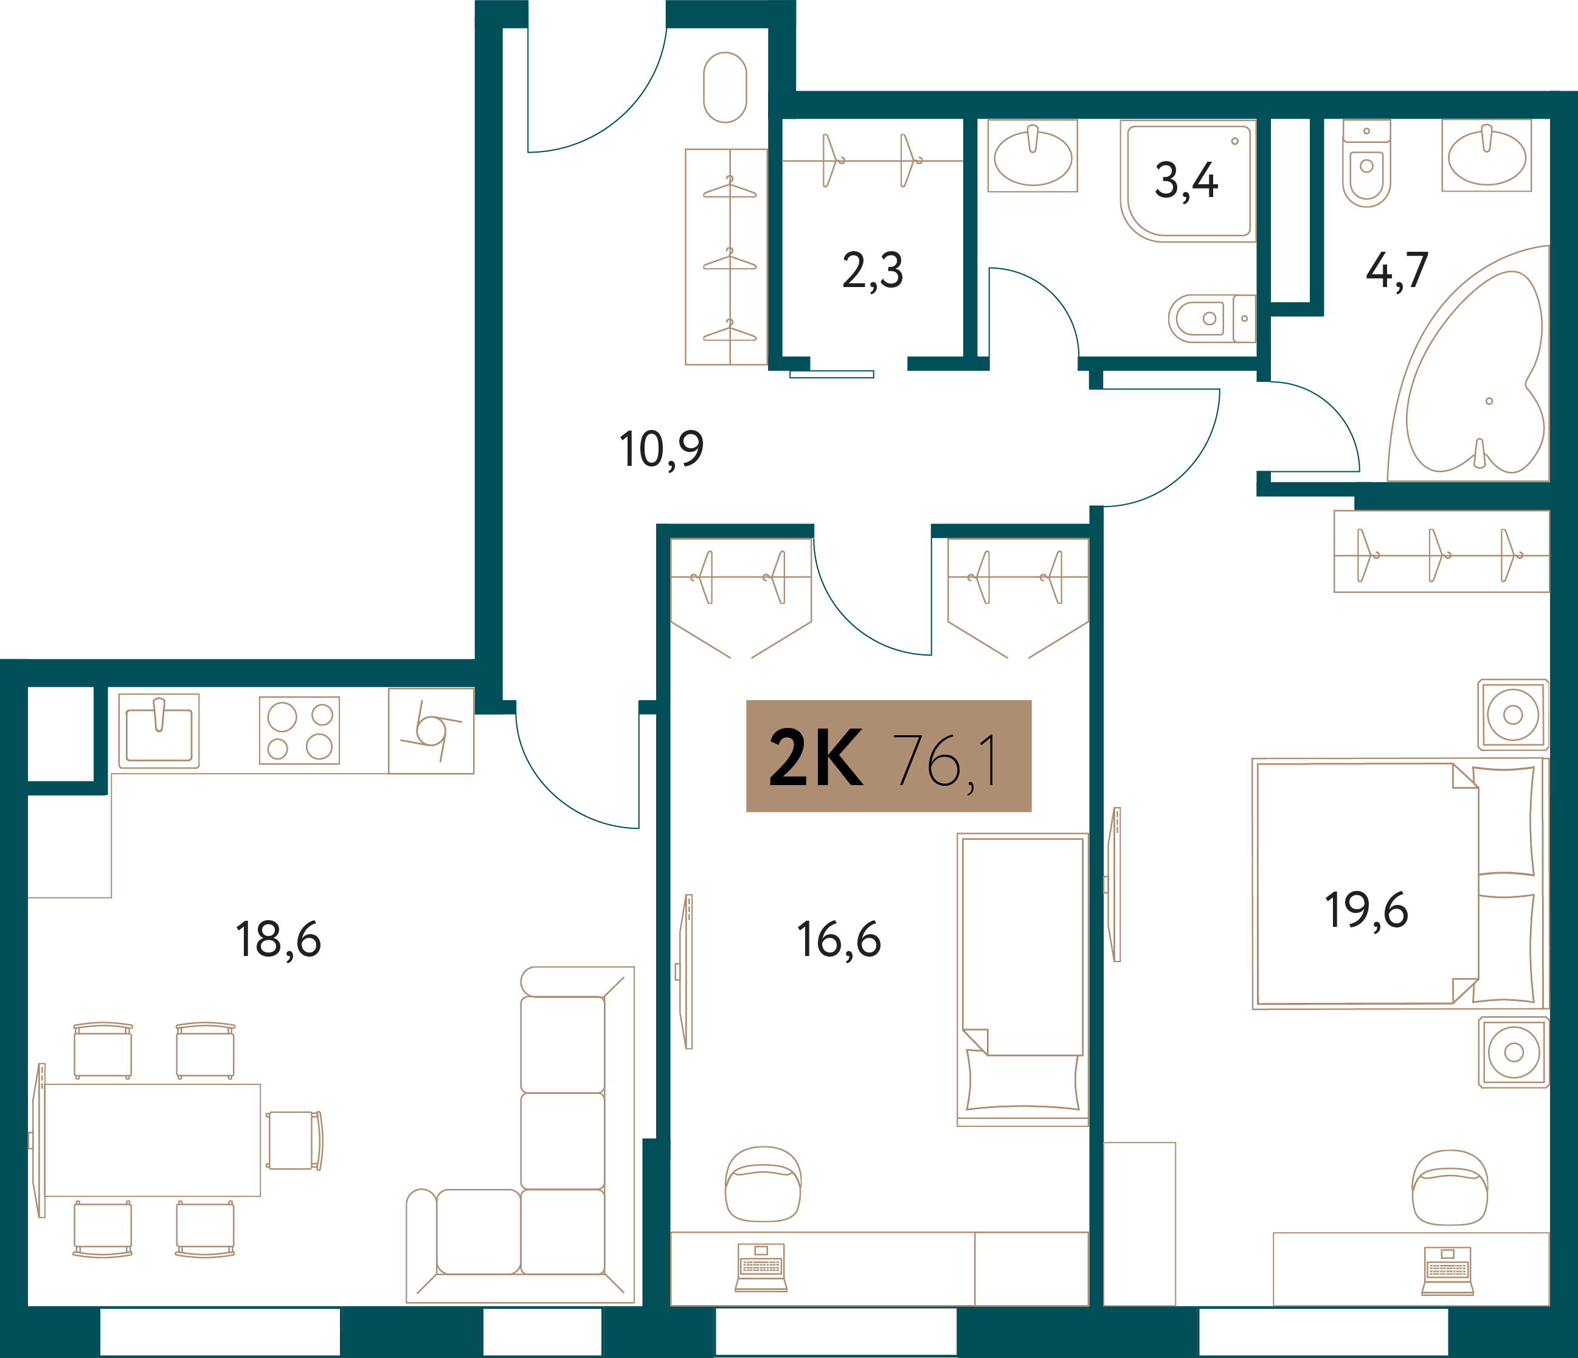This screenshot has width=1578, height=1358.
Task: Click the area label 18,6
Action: (278, 940)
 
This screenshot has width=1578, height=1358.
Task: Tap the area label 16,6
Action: (839, 940)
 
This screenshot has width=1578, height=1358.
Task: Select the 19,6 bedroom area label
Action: (1366, 910)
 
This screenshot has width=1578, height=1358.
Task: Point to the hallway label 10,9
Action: (661, 449)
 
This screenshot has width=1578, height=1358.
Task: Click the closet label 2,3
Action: (873, 271)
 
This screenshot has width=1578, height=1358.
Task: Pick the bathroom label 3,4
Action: (1186, 181)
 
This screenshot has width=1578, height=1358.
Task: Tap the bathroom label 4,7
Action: (1397, 271)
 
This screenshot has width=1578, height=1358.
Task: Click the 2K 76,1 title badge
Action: (888, 757)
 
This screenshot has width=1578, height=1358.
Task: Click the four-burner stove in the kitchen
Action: (299, 730)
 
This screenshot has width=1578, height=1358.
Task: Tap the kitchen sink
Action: (159, 730)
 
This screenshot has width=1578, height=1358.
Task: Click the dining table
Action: (152, 1140)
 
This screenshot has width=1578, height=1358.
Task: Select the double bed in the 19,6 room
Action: (1397, 884)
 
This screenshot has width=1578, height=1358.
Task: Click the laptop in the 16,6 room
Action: (761, 1268)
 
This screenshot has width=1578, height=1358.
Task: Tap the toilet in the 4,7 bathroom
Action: (1366, 164)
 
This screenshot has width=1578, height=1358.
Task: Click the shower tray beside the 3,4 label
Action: (1188, 181)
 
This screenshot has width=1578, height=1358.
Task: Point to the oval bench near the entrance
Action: (725, 87)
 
